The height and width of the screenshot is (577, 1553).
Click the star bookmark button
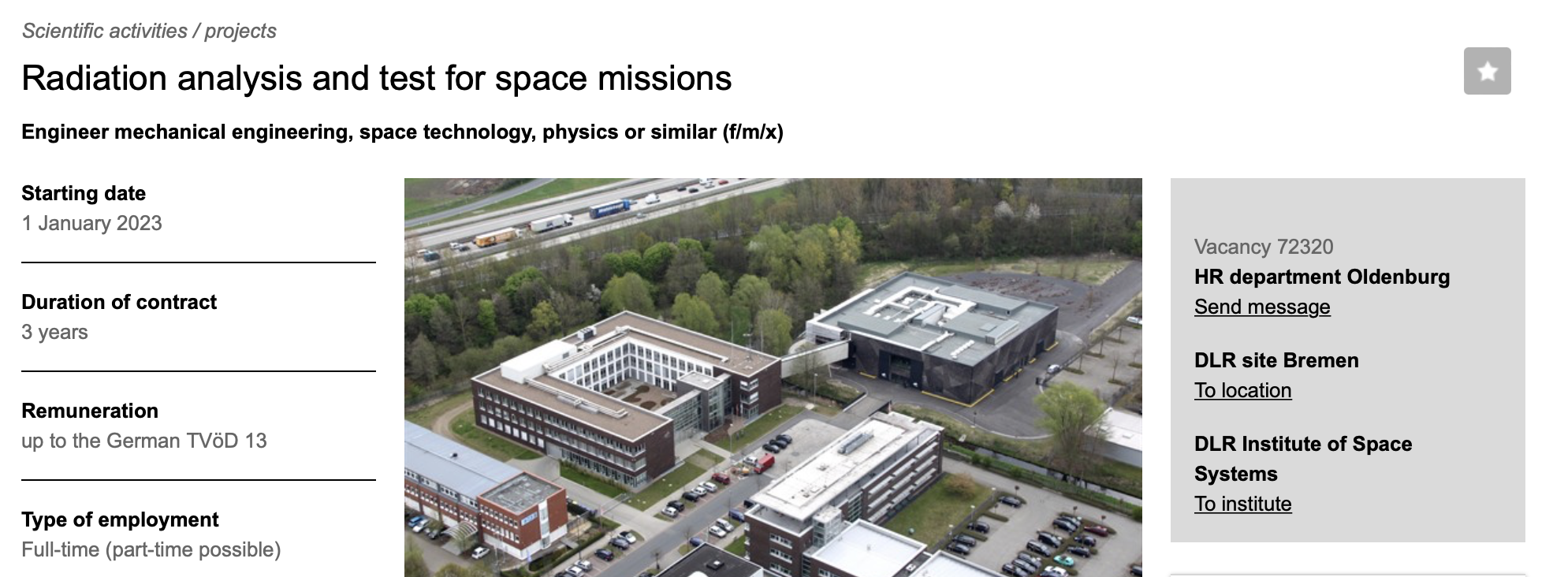coord(1487,71)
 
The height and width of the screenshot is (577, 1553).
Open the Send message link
coord(1262,307)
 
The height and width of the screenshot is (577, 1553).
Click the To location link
coord(1242,390)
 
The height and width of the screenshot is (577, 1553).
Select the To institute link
coord(1242,504)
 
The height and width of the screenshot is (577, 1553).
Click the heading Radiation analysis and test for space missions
coord(377,78)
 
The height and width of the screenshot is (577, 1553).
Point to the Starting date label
coord(84,193)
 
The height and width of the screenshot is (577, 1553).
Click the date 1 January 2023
coord(91,223)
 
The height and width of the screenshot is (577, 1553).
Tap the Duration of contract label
coord(119,302)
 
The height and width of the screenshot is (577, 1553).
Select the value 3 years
coord(54,332)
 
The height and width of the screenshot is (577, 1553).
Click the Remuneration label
coord(90,411)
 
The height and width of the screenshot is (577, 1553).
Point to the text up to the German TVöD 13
coord(144,441)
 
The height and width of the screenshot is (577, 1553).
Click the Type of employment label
coord(120,519)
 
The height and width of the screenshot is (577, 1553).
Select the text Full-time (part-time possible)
coord(151,549)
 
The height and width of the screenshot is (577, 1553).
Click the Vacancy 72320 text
coord(1264,247)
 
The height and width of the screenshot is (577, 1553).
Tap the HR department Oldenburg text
coord(1322,277)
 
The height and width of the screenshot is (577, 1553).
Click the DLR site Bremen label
coord(1276,360)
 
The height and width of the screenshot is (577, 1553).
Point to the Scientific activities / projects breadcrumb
coord(149,31)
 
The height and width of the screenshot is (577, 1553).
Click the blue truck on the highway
coord(610,209)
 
